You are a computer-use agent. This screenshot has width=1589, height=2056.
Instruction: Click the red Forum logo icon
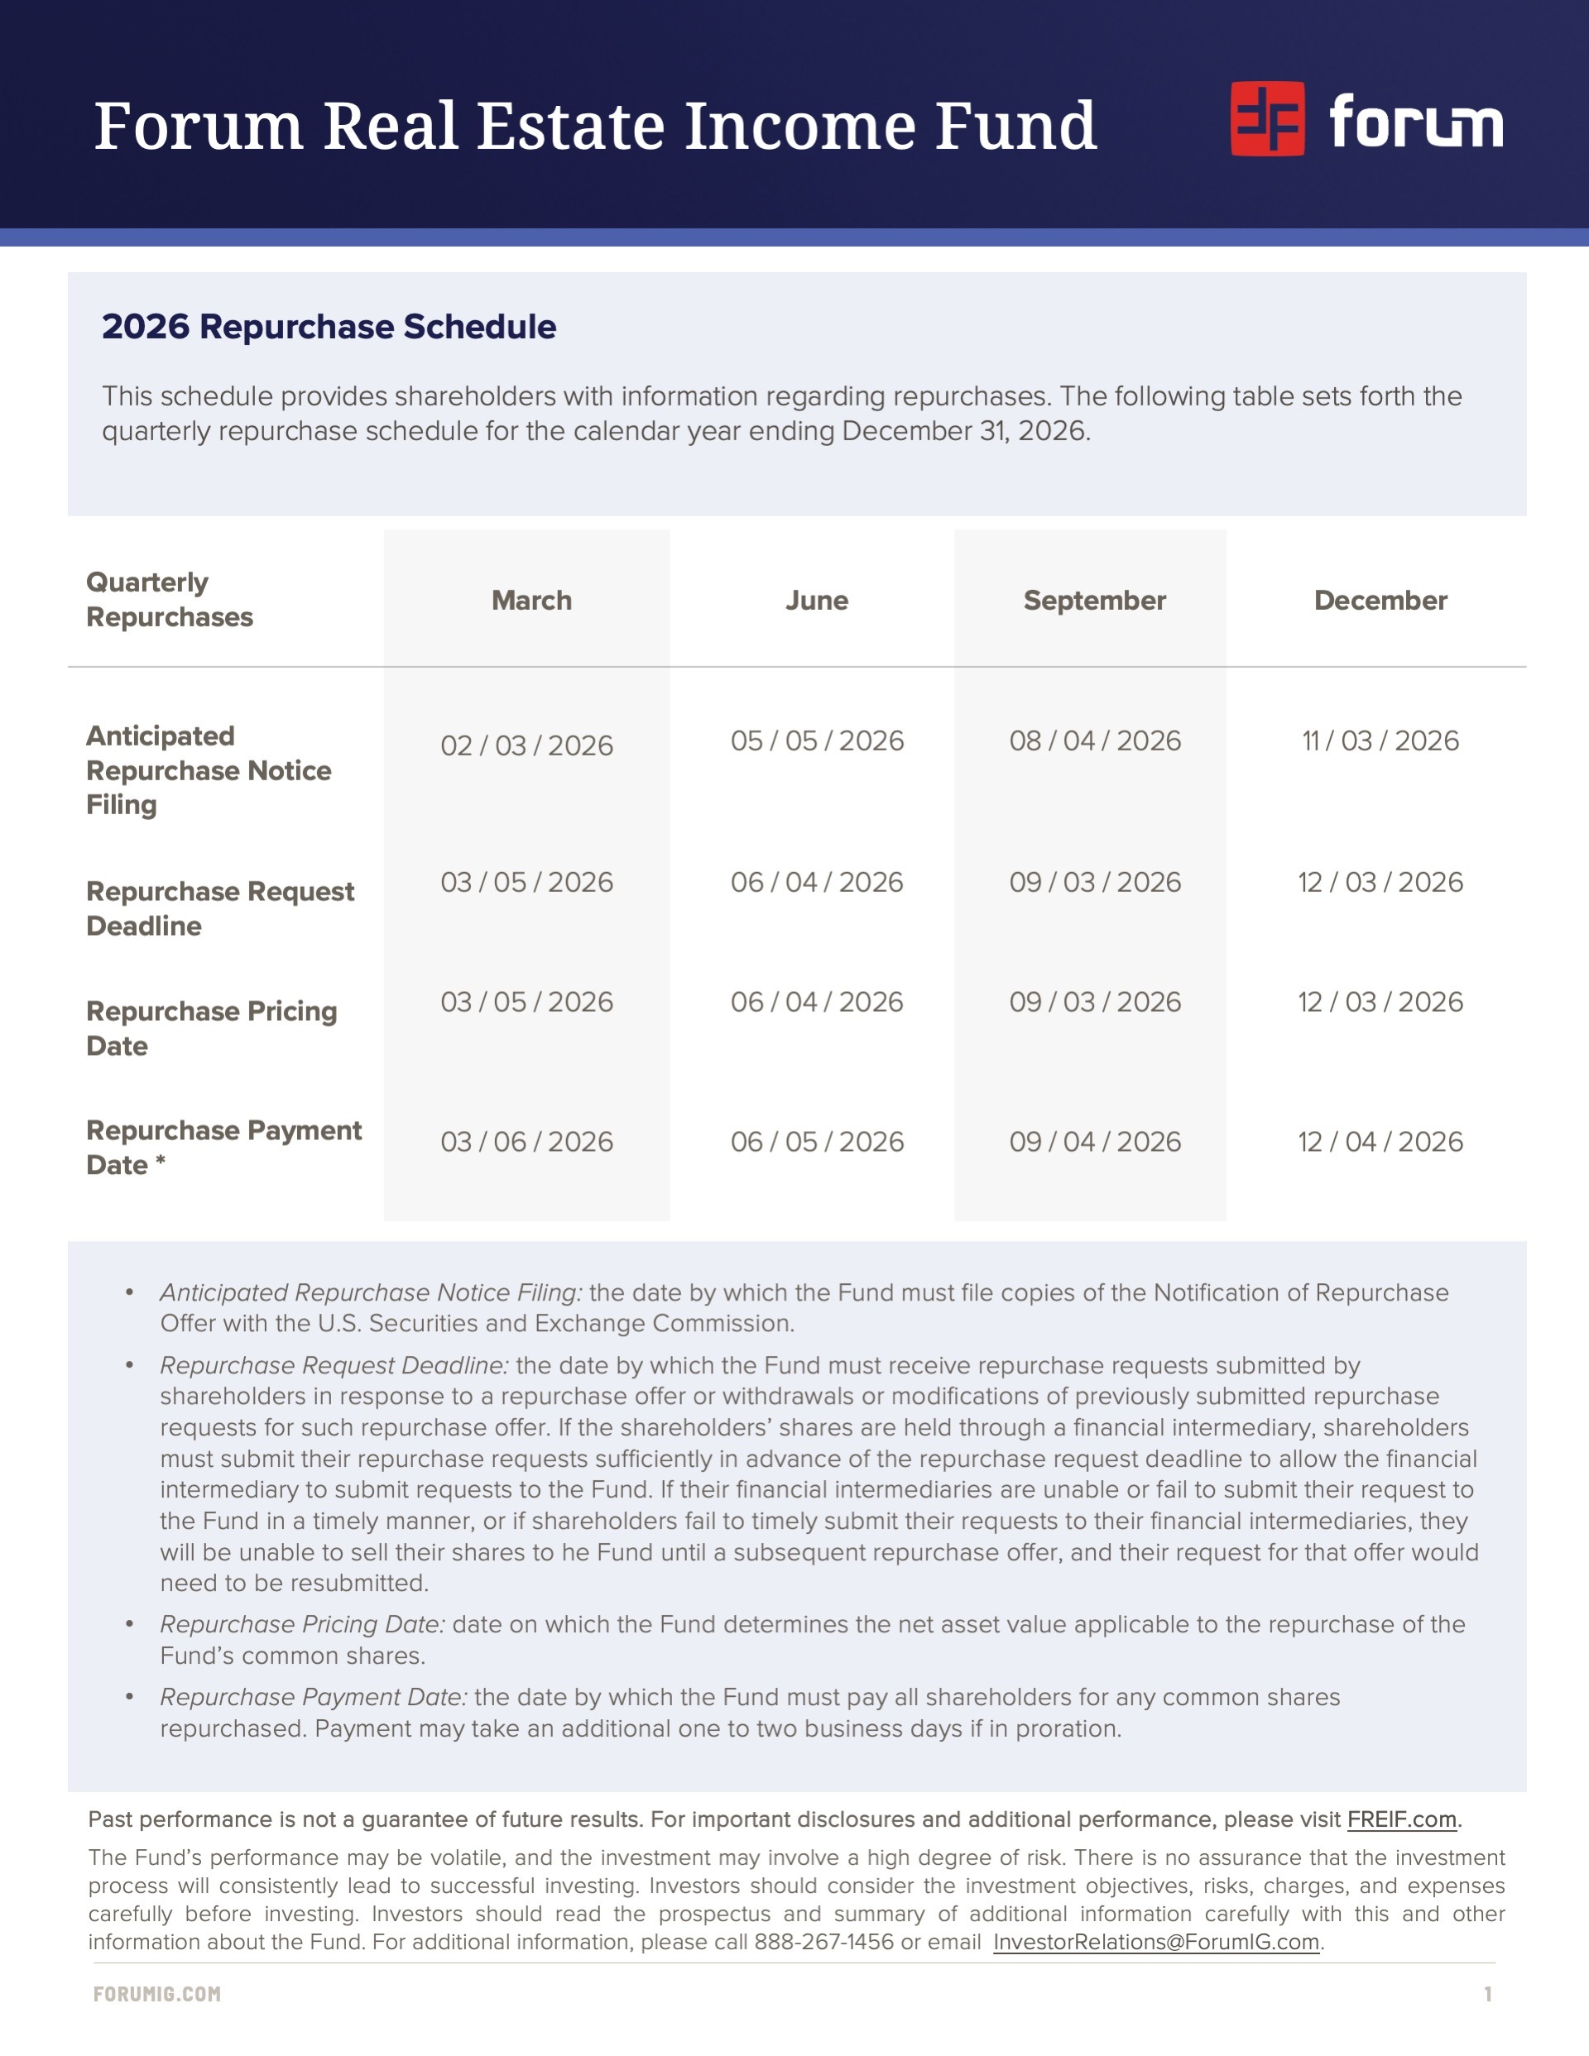click(1267, 118)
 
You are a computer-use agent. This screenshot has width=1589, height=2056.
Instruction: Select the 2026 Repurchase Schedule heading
click(329, 327)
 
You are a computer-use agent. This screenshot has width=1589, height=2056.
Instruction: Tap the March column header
click(531, 601)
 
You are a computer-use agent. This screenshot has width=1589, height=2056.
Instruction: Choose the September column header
click(1094, 601)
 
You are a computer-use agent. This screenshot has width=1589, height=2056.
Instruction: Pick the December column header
click(1380, 601)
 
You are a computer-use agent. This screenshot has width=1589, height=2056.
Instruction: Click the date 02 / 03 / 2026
click(526, 745)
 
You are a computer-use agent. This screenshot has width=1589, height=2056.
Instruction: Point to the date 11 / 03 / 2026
click(1380, 740)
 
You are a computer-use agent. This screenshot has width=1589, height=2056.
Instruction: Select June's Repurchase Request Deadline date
click(817, 882)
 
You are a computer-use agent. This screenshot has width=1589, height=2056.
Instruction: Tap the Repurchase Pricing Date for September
click(1094, 1002)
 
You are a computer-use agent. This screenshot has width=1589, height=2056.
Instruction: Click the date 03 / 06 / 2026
click(526, 1142)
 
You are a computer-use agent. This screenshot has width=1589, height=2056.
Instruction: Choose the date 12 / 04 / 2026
click(1380, 1142)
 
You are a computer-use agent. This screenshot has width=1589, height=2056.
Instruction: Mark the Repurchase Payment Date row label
click(223, 1148)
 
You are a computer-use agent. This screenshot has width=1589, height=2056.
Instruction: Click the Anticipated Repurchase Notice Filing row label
click(209, 770)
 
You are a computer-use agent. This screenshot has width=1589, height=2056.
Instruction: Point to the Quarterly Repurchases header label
click(170, 600)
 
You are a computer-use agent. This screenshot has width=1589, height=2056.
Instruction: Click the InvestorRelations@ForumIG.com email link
click(1155, 1942)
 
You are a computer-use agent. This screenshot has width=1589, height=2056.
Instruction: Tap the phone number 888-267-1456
click(823, 1942)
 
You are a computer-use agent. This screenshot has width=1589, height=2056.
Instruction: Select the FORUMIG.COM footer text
click(157, 1994)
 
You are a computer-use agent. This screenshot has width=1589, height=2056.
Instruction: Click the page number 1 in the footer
click(1488, 1994)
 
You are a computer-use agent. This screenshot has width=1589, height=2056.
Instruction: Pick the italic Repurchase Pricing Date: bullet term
click(302, 1625)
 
